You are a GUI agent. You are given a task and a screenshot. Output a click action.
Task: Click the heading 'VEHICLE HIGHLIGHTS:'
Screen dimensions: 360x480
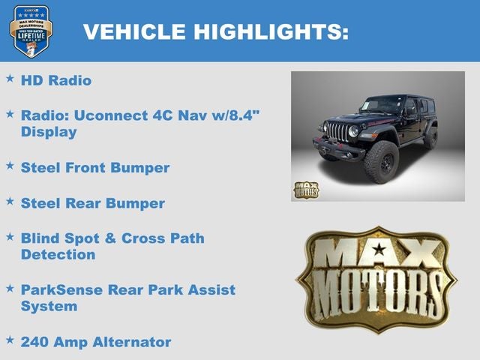(x=215, y=31)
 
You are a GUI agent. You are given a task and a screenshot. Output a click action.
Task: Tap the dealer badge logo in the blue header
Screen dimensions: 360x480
(x=31, y=31)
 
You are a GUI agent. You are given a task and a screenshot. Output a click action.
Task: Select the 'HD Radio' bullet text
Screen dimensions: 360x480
(x=56, y=79)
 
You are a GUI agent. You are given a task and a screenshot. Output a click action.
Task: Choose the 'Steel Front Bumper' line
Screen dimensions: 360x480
(x=95, y=167)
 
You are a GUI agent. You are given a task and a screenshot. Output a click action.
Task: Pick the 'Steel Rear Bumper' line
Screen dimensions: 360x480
(x=92, y=203)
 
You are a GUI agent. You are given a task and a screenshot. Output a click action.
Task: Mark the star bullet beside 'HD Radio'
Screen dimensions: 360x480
(x=10, y=78)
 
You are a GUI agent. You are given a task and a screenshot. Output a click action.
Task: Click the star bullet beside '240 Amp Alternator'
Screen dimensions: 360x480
(x=10, y=340)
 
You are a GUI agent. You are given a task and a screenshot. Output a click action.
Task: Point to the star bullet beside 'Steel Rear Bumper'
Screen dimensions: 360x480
(x=10, y=202)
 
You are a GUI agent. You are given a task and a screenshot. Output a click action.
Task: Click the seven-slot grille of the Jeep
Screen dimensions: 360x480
(x=337, y=133)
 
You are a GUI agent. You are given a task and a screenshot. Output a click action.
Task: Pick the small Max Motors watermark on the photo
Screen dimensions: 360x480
(x=305, y=190)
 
